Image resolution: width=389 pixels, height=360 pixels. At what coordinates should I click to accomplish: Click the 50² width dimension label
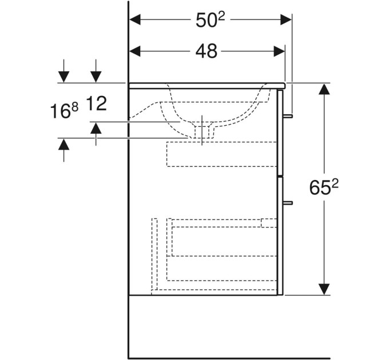point(210,20)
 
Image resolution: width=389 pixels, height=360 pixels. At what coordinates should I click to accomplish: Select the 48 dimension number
point(206,51)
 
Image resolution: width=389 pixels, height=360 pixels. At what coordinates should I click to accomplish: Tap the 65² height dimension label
point(324,187)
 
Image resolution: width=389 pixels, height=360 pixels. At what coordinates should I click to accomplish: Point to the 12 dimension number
point(97,103)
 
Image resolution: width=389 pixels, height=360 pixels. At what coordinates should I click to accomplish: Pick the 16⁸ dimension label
point(64,110)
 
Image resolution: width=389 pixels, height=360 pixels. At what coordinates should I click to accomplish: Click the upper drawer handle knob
point(288,116)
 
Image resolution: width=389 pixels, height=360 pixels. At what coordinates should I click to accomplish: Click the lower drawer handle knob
point(288,203)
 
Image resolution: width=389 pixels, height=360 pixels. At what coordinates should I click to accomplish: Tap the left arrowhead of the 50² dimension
point(135,20)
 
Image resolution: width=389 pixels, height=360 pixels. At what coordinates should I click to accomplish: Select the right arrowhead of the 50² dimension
point(286,20)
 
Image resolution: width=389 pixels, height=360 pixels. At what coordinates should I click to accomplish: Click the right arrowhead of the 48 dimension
point(279,51)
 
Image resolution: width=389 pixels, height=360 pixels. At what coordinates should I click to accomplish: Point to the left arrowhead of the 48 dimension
point(135,51)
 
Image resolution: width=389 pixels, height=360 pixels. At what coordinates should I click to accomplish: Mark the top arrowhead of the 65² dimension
point(324,89)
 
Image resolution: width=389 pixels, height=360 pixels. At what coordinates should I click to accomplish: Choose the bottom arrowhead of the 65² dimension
point(324,289)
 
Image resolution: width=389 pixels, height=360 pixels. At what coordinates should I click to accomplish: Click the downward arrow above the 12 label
point(96,71)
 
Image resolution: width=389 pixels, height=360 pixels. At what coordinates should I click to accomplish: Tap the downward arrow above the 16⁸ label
point(64,71)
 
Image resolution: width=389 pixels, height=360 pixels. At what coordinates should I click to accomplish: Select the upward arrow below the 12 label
point(96,134)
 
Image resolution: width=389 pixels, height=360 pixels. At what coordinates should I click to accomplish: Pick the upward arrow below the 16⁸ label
point(64,150)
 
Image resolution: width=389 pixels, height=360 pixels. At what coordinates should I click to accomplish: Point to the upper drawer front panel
point(280,133)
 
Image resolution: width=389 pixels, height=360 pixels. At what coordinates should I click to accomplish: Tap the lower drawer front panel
point(280,236)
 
